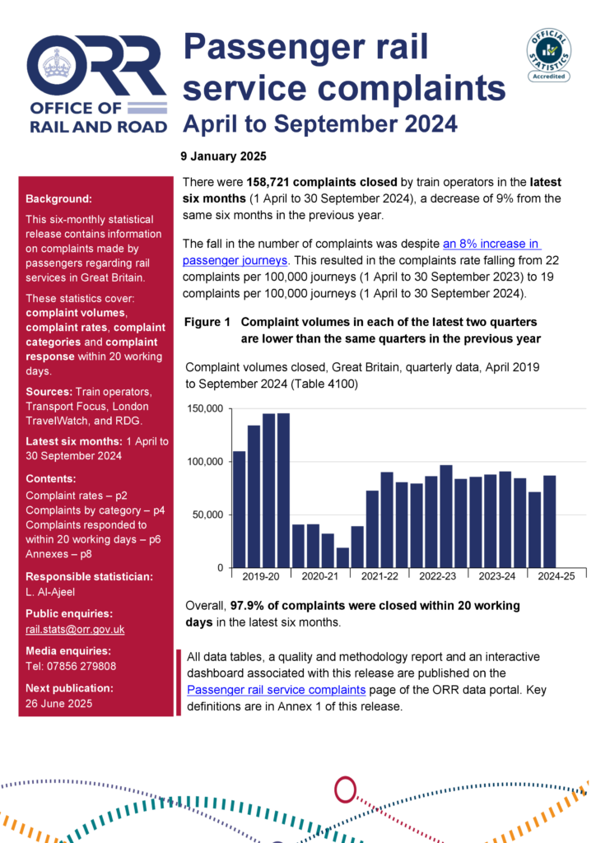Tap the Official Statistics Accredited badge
(x=549, y=54)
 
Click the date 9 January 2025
(x=223, y=156)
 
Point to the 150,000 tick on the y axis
(x=205, y=408)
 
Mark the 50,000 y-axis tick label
(x=208, y=515)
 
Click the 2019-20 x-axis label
(x=261, y=577)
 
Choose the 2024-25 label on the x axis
(x=557, y=577)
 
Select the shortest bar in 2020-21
(x=342, y=557)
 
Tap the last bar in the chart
(x=550, y=521)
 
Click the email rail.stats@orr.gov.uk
(x=74, y=630)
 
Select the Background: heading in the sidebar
(x=59, y=199)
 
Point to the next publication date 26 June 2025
(x=58, y=703)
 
